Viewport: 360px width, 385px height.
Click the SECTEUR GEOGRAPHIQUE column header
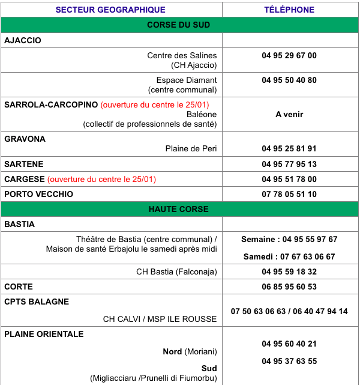(110, 10)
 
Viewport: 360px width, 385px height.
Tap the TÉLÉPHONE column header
(289, 10)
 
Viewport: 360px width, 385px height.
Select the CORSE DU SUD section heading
(179, 25)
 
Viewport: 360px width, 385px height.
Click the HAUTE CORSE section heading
(179, 209)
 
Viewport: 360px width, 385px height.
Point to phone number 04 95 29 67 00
(289, 55)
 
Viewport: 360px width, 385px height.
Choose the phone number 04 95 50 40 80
(289, 80)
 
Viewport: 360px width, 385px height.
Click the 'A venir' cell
(289, 114)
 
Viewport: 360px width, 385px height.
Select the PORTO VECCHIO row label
(38, 194)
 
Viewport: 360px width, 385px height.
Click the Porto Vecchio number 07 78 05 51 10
(289, 194)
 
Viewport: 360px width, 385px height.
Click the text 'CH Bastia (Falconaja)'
(176, 271)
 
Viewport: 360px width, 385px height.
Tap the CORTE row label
(19, 286)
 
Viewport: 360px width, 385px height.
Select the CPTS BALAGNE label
(37, 302)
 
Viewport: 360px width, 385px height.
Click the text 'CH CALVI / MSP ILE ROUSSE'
(160, 319)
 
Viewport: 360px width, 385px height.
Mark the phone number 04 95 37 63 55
(289, 361)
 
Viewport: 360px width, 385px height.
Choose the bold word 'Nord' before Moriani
(173, 351)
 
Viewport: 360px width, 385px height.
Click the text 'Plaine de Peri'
(191, 148)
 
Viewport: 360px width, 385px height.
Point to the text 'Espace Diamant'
(187, 80)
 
